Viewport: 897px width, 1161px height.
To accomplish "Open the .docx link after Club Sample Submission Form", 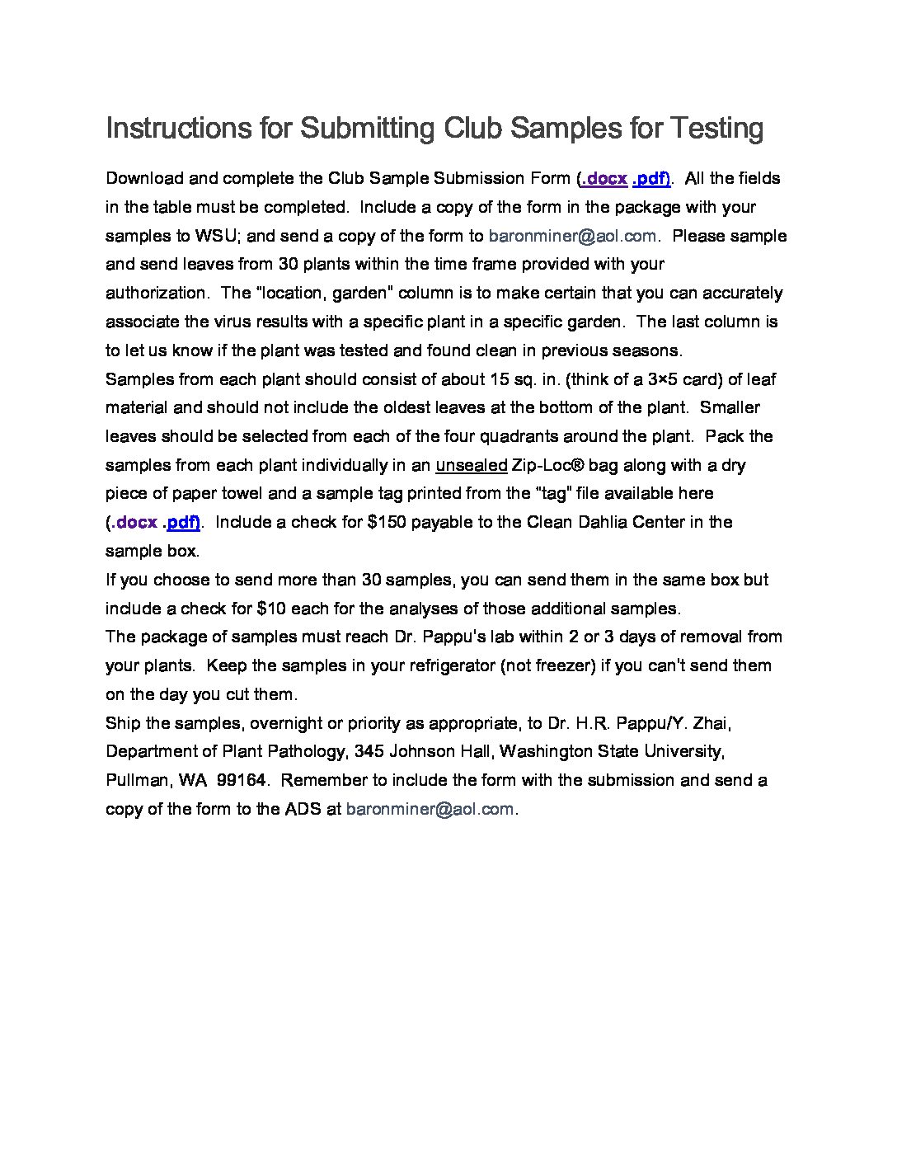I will (604, 179).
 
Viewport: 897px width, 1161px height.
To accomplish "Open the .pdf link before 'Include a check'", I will (181, 522).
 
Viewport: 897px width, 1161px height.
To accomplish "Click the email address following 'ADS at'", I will (430, 809).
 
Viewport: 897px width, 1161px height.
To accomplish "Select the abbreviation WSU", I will (217, 236).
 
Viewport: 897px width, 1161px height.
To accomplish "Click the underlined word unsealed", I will (471, 465).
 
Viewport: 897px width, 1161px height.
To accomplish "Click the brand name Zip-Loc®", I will (548, 465).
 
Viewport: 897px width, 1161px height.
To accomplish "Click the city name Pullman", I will (138, 780).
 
